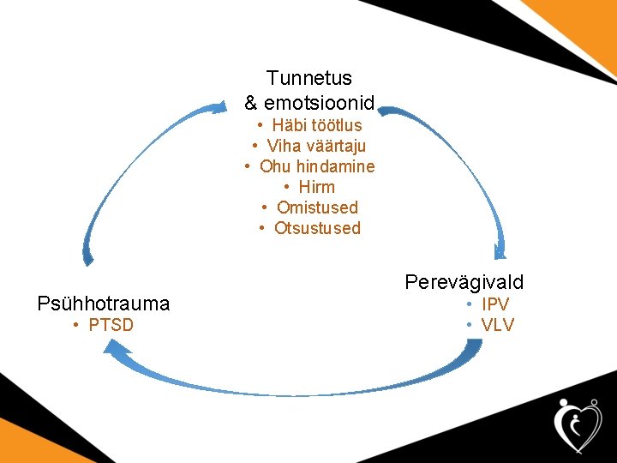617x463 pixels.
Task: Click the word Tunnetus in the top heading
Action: [309, 78]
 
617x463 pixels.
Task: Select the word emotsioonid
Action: [320, 104]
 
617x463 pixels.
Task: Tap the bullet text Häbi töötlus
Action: [317, 125]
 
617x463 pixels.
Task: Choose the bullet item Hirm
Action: [317, 187]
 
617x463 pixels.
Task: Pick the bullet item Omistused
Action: [317, 207]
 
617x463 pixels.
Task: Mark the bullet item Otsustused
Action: [317, 228]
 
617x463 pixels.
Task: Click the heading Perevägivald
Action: [464, 282]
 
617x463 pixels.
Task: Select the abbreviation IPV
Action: [495, 304]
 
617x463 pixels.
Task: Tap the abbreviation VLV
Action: [498, 325]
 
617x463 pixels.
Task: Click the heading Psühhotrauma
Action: [104, 304]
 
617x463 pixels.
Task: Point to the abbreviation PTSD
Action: [111, 325]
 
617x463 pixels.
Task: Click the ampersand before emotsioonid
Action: [251, 104]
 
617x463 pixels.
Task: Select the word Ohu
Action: [275, 166]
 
